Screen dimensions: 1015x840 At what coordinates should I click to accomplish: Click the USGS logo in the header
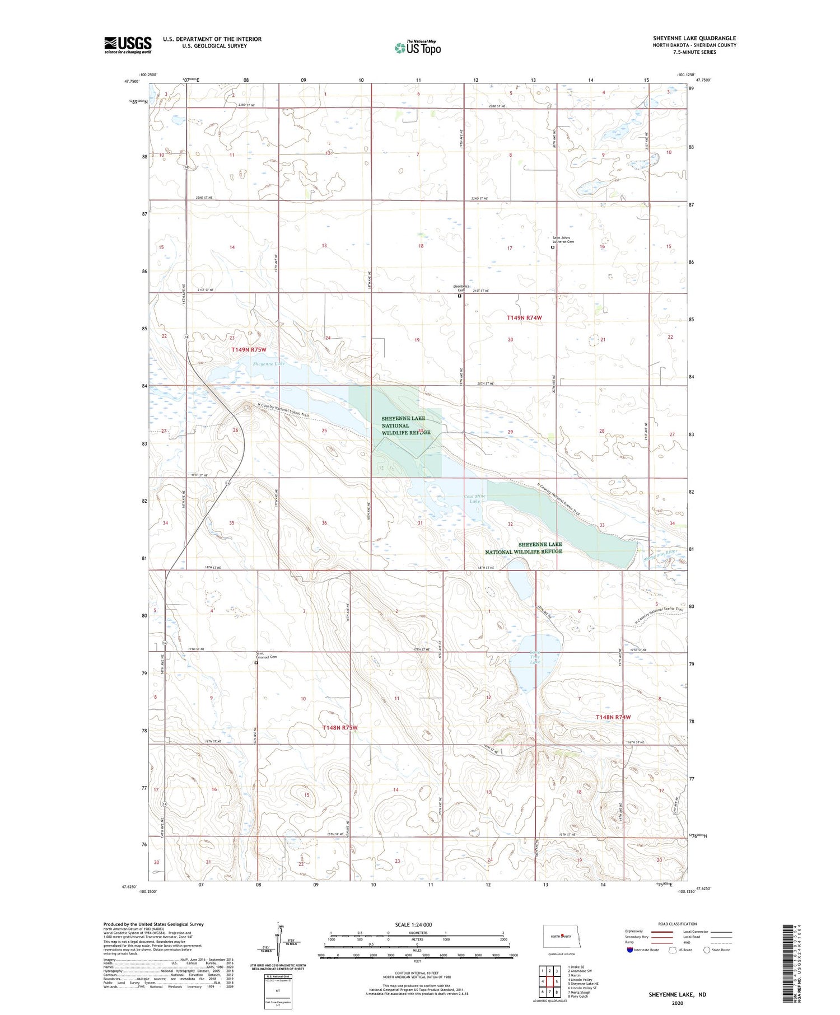[x=128, y=45]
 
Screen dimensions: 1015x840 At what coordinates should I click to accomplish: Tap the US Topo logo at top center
[x=418, y=48]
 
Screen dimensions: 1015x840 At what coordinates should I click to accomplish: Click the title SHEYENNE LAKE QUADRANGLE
[x=694, y=38]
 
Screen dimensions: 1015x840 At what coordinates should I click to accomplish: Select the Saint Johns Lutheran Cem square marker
[x=553, y=247]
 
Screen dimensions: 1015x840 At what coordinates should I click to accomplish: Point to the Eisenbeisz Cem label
[x=460, y=288]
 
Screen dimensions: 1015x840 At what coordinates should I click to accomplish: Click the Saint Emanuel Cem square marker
[x=256, y=663]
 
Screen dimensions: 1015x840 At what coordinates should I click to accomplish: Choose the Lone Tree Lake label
[x=535, y=657]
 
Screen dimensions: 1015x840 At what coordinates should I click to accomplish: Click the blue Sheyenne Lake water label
[x=268, y=363]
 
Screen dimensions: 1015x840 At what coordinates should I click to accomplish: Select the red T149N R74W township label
[x=524, y=317]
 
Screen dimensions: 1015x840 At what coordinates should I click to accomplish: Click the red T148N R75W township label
[x=339, y=727]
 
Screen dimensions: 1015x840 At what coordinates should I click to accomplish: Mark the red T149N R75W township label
[x=249, y=349]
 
